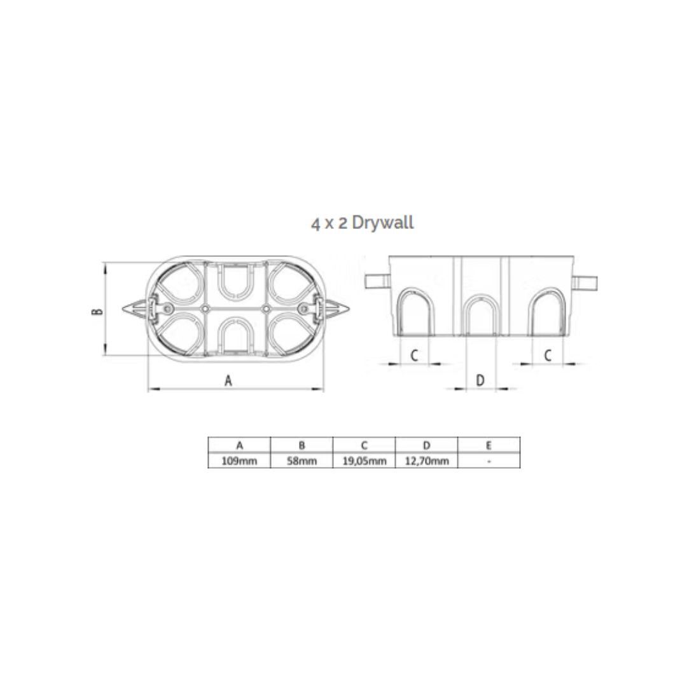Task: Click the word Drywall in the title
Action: tap(382, 223)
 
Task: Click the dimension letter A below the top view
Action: tap(228, 380)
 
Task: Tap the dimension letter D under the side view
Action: tap(480, 380)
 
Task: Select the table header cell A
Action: tap(239, 445)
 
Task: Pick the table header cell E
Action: tap(489, 445)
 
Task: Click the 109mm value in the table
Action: tap(239, 461)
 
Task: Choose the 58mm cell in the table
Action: tap(302, 461)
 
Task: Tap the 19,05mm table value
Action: tap(364, 461)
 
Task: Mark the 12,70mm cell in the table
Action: tap(427, 461)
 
